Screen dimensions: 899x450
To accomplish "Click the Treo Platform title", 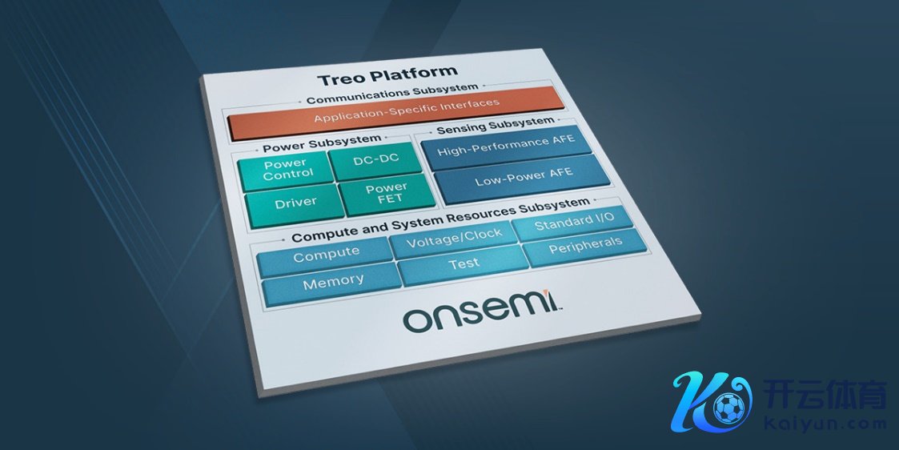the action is coord(387,74).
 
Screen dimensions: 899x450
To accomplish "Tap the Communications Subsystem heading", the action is coord(392,94).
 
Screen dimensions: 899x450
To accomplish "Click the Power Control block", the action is coord(286,171).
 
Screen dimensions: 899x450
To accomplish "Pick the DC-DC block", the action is coord(376,159).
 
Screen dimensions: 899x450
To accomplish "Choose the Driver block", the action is coord(295,203).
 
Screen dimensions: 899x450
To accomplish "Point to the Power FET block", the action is coord(387,193).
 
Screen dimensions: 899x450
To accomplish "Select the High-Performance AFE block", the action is coord(506,147).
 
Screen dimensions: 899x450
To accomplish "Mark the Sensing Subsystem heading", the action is coord(496,125).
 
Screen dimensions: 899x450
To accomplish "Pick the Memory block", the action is coord(332,283).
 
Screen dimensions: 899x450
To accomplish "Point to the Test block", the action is coord(463,264).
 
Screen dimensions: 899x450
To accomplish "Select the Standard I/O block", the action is coord(573,221).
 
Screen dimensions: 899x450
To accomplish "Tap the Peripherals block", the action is coord(585,247).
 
